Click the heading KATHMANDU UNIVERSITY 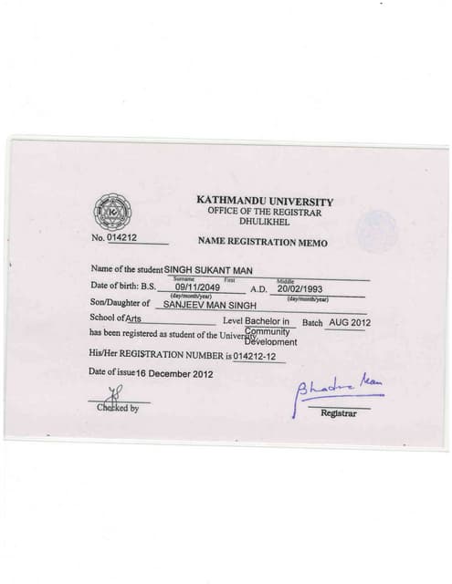[265, 201]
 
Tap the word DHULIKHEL [264, 221]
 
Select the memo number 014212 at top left [121, 238]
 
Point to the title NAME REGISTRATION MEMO [262, 243]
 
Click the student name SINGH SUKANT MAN [208, 271]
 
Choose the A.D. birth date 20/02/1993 [301, 287]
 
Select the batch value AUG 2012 [350, 323]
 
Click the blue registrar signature [336, 391]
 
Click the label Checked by [118, 408]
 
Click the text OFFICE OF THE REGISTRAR [264, 211]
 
